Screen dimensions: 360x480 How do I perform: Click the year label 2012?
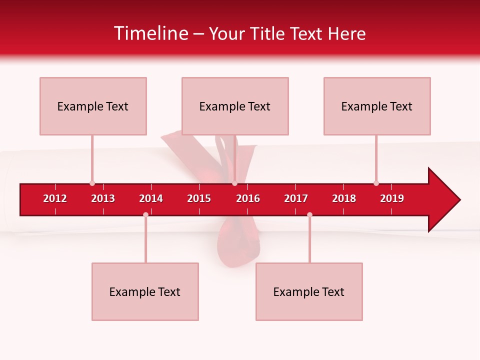point(55,198)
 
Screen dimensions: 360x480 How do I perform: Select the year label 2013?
point(103,198)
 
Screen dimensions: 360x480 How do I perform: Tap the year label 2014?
point(151,198)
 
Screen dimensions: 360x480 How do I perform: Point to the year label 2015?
point(199,198)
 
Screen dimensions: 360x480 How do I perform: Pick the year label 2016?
point(248,198)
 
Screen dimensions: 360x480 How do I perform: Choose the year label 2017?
point(296,198)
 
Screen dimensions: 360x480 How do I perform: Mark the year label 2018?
point(344,198)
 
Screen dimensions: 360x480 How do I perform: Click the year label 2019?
point(392,198)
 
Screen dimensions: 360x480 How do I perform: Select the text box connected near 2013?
point(93,106)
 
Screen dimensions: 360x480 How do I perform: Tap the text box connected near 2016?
point(235,106)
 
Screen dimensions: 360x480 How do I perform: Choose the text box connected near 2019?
point(377,106)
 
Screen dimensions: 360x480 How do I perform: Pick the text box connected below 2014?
point(145,291)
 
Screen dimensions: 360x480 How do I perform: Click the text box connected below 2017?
point(309,291)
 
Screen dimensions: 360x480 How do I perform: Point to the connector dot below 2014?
point(145,214)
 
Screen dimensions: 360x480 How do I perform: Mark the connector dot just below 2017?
point(309,214)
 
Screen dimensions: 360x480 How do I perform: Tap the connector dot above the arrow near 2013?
point(92,183)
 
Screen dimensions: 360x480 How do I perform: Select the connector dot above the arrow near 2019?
point(376,183)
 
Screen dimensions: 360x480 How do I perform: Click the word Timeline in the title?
point(151,33)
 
